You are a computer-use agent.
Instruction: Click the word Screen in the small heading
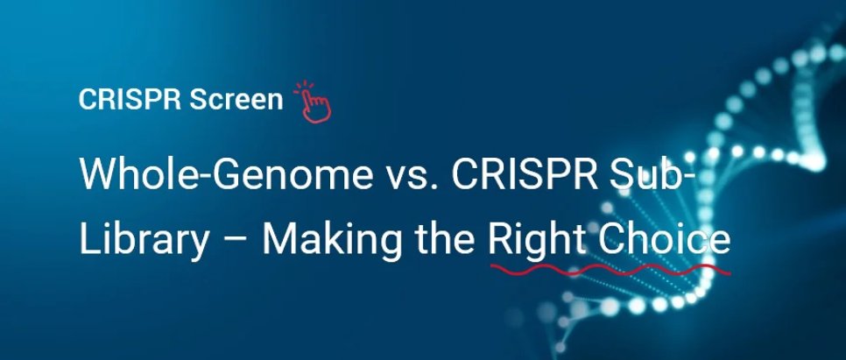pos(236,100)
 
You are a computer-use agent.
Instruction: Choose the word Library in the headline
pos(143,238)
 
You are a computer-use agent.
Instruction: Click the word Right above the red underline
pos(534,238)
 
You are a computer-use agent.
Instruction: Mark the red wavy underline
pos(610,267)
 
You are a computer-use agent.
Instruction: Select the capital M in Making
pos(278,238)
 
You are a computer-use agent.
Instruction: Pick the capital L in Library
pos(86,238)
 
